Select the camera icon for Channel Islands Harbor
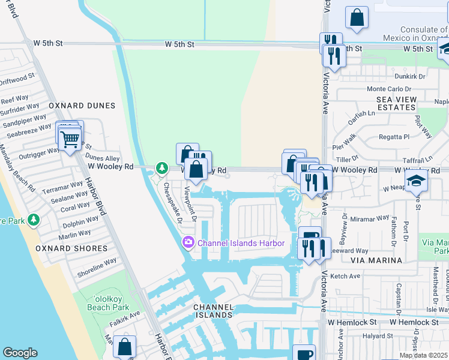pyautogui.click(x=188, y=243)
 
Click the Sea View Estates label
pyautogui.click(x=396, y=103)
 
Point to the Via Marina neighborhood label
pyautogui.click(x=378, y=260)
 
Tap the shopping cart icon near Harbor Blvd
pyautogui.click(x=70, y=139)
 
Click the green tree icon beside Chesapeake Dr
pyautogui.click(x=161, y=168)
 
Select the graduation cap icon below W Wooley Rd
pyautogui.click(x=416, y=179)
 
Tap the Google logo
pyautogui.click(x=20, y=353)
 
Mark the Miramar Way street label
pyautogui.click(x=371, y=221)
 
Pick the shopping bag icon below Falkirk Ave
pyautogui.click(x=124, y=346)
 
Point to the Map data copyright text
pyautogui.click(x=423, y=355)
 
